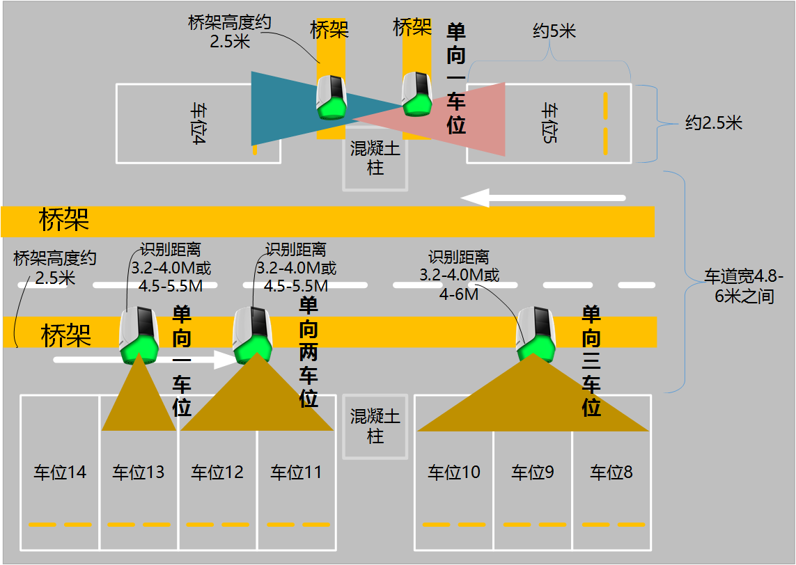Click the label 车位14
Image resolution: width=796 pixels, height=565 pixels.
(x=60, y=472)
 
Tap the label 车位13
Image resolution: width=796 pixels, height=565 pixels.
(x=139, y=472)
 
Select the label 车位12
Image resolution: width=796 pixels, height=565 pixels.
(x=217, y=472)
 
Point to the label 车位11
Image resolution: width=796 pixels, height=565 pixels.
(x=297, y=472)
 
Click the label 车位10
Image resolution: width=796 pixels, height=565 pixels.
(x=454, y=472)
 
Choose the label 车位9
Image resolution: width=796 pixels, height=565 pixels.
(x=533, y=472)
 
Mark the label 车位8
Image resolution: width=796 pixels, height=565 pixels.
(x=611, y=472)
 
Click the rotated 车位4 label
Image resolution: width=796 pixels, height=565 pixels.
(x=198, y=124)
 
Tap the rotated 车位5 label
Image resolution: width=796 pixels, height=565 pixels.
(x=550, y=124)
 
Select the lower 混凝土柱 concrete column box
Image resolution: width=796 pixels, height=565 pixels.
(x=375, y=427)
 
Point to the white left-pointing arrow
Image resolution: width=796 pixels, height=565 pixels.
(x=543, y=198)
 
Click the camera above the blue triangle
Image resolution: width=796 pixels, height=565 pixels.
(x=330, y=97)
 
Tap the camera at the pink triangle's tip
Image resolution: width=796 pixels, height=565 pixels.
(x=417, y=94)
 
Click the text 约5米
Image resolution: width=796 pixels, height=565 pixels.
(x=554, y=31)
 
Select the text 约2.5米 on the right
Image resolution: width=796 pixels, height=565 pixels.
(x=714, y=124)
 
